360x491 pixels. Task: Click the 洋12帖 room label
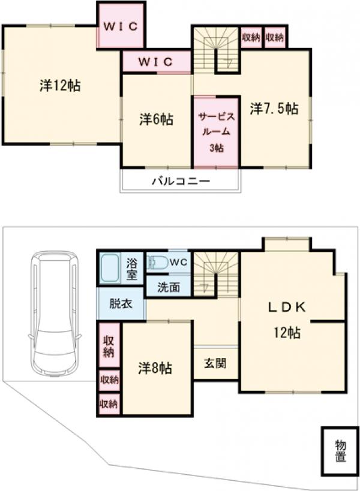click(61, 86)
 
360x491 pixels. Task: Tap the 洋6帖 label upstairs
click(156, 119)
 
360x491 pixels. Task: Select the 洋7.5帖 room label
click(274, 109)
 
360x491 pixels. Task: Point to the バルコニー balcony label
click(180, 180)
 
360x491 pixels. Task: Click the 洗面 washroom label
click(169, 287)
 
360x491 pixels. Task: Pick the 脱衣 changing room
click(121, 304)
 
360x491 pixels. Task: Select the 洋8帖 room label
click(155, 368)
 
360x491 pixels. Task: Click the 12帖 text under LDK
click(287, 333)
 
